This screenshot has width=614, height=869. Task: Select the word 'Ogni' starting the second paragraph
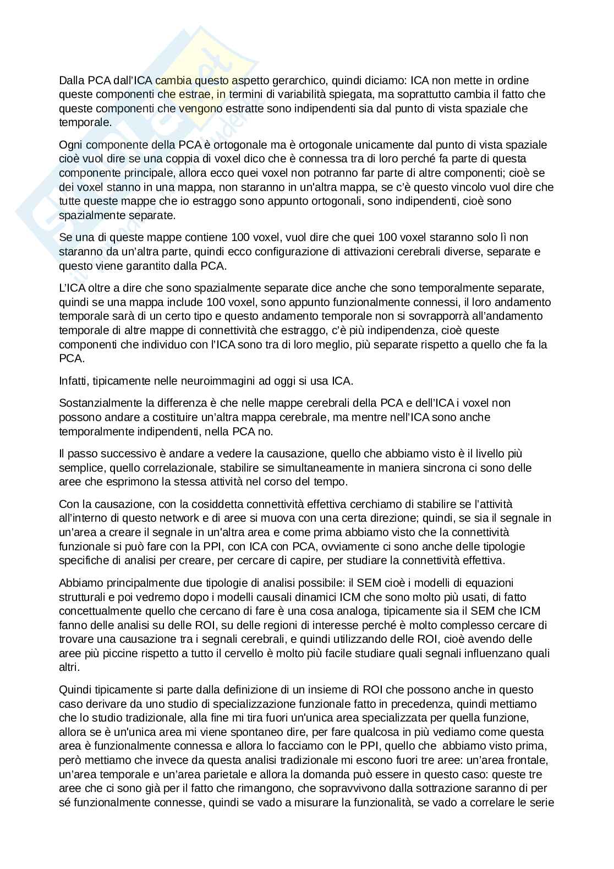[x=70, y=145]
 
